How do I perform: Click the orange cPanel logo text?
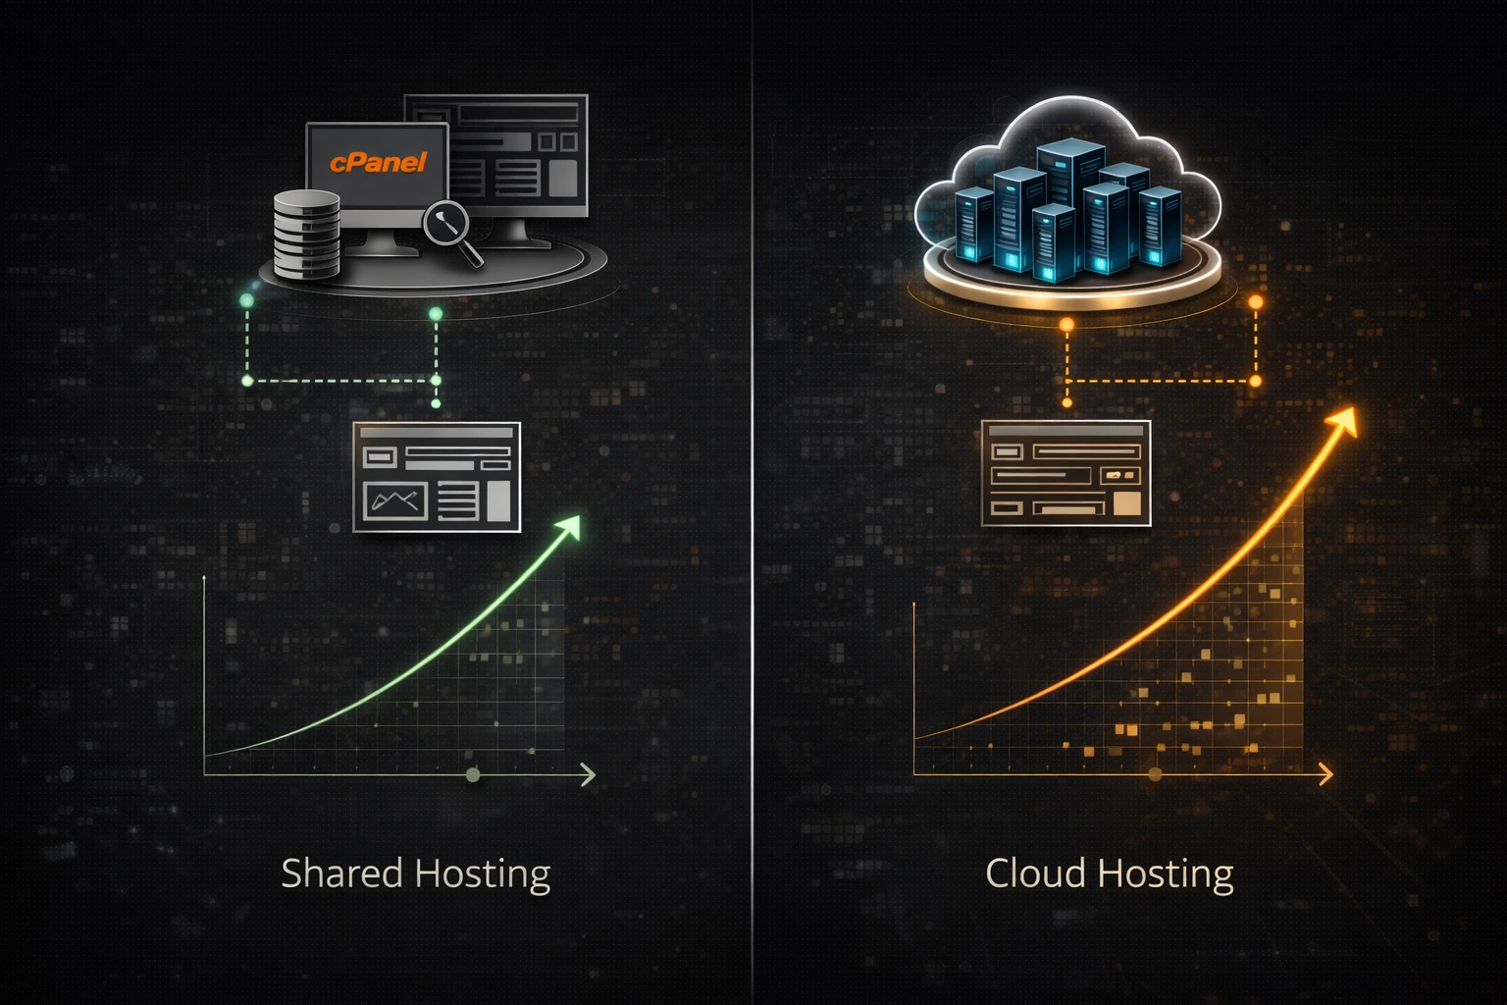pyautogui.click(x=378, y=163)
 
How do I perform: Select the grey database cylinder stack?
pyautogui.click(x=306, y=234)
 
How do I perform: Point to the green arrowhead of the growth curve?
pyautogui.click(x=569, y=526)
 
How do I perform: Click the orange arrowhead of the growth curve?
pyautogui.click(x=1343, y=420)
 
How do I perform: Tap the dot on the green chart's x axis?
pyautogui.click(x=473, y=775)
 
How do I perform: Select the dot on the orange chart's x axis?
pyautogui.click(x=1155, y=774)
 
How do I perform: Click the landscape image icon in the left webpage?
pyautogui.click(x=395, y=501)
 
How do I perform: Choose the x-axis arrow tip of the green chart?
pyautogui.click(x=591, y=775)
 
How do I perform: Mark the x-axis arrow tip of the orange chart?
pyautogui.click(x=1328, y=774)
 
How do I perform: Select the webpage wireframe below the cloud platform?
pyautogui.click(x=1065, y=473)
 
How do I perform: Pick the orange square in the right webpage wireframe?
pyautogui.click(x=1127, y=503)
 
